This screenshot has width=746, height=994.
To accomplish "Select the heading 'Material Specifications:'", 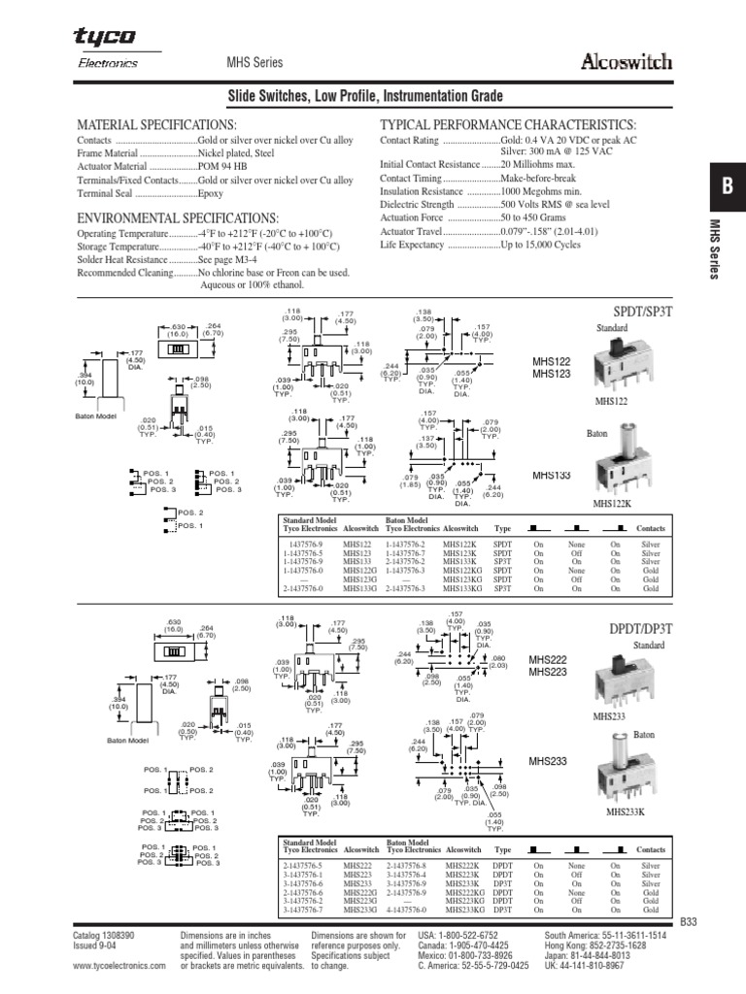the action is pos(155,126).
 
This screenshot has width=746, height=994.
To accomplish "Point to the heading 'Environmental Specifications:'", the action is pos(177,217).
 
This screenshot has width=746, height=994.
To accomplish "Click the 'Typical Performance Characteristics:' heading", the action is pos(507,126).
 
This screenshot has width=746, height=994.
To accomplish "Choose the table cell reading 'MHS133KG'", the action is pos(461,589).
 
